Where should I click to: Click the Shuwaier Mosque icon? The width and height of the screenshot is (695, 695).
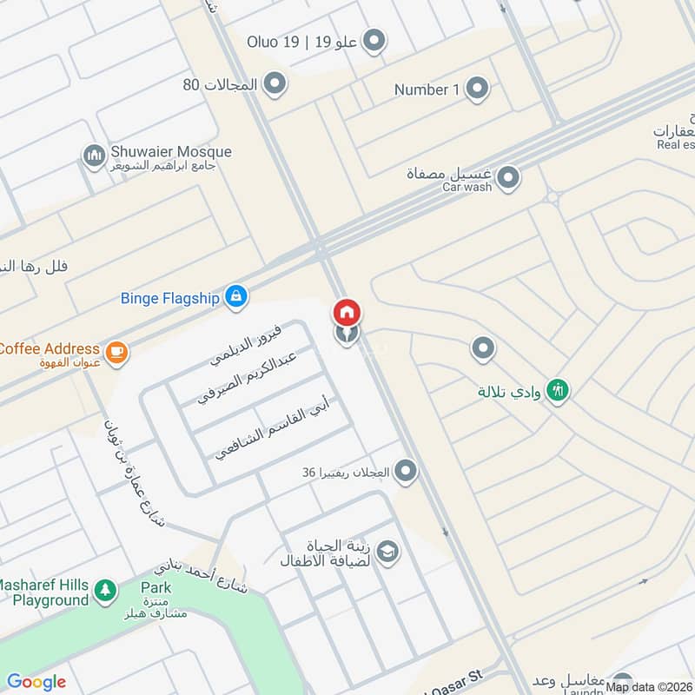pos(94,156)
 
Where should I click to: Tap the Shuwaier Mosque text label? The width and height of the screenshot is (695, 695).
pos(171,152)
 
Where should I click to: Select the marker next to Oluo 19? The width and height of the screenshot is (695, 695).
pos(374,40)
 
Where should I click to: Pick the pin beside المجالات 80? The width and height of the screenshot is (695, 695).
pos(275,84)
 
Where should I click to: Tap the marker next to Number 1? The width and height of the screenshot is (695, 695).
pos(477,89)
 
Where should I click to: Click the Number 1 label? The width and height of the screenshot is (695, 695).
pos(427,89)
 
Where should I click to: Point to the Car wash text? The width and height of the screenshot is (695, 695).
pos(467,187)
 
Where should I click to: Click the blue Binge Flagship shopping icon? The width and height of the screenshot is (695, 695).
pos(235,297)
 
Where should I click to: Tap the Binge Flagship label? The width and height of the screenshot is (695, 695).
pos(169,298)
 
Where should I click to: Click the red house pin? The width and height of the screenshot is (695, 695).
pos(347,312)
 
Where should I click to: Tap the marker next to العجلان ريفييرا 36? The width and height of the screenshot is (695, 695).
pos(406,472)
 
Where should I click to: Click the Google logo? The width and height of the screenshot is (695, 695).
pos(36,682)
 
